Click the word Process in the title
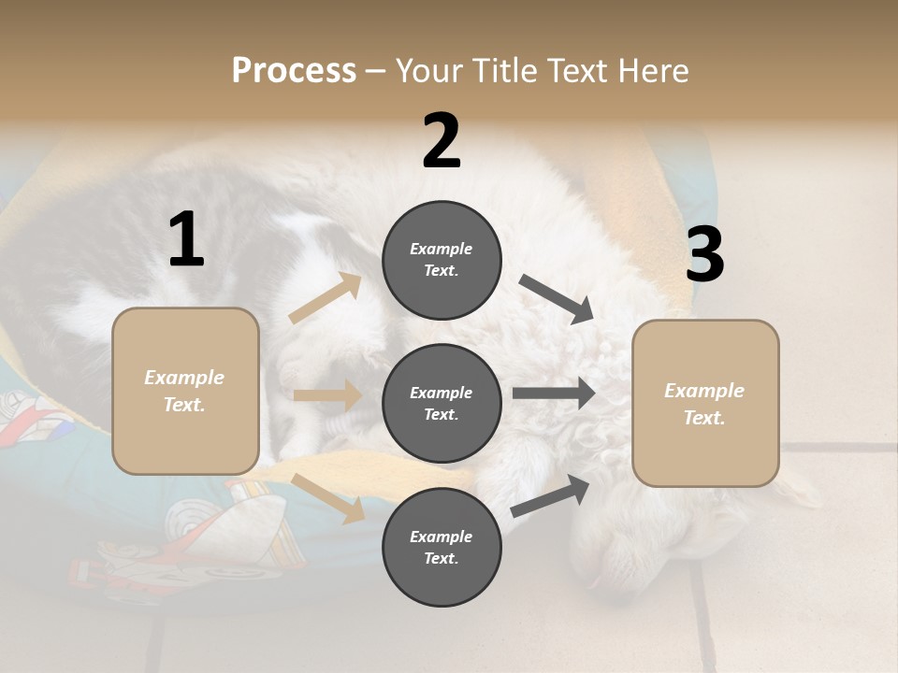click(294, 71)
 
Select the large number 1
click(186, 240)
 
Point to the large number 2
click(442, 141)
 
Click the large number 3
click(704, 255)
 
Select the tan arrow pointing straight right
click(327, 395)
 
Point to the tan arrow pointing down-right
click(328, 497)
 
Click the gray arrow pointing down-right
click(556, 299)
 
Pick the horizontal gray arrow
click(553, 393)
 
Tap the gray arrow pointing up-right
click(550, 495)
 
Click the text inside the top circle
click(442, 260)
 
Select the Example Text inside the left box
click(184, 391)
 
